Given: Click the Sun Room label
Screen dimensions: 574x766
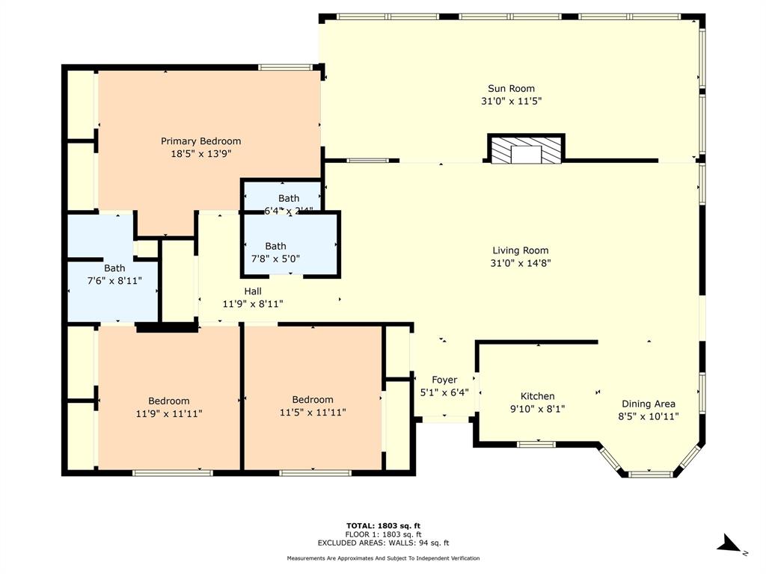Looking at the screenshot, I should pos(512,88).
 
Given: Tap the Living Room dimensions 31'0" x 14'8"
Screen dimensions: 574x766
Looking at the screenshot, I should pos(521,263).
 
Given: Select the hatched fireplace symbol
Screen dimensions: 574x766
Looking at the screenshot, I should pos(526,150).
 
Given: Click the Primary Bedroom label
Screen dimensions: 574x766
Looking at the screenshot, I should pos(200,141).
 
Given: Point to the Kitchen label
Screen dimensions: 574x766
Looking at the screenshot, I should pos(537,396).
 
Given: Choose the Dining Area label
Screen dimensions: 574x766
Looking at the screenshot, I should pos(647,404).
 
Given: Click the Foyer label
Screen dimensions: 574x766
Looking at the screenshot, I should pos(444,380).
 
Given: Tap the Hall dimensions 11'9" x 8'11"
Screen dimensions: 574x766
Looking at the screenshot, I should pos(252,304).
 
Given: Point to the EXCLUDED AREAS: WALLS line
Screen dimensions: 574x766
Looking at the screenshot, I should pos(383,543).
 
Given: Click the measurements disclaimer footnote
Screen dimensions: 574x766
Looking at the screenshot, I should pos(383,558).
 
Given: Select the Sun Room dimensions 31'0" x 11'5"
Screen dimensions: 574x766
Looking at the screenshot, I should pos(512,101).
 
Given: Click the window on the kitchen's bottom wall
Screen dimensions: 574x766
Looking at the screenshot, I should pos(536,444).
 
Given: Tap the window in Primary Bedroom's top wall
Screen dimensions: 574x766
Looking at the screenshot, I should pos(285,67).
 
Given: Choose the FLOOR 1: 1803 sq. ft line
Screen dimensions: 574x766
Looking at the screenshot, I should pos(383,534).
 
